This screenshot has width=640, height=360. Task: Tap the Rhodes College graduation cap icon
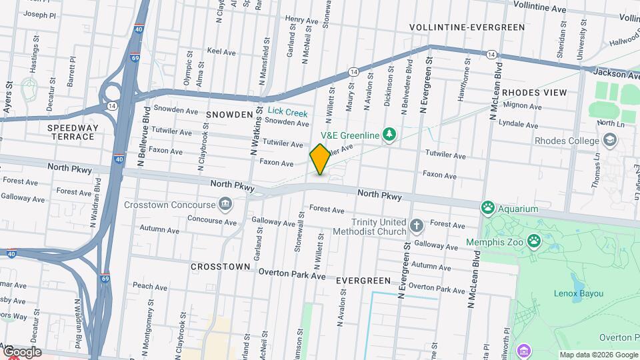[609, 140]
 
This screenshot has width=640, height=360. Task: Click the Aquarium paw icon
[488, 209]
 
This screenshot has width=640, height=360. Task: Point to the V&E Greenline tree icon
[389, 135]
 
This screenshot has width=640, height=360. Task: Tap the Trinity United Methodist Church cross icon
[417, 225]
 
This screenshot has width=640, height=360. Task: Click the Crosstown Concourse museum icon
[225, 204]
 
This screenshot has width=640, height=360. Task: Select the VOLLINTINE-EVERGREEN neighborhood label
[467, 27]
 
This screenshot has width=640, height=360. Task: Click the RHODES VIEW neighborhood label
[534, 93]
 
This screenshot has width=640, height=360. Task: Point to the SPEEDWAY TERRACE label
[72, 132]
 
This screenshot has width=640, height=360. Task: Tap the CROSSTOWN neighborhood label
[221, 266]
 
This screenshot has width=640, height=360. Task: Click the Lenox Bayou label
[578, 293]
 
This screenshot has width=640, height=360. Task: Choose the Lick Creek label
[287, 113]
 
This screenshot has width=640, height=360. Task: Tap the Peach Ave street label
[149, 285]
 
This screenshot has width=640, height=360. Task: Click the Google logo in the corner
[21, 352]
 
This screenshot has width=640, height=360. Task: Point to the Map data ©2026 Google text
[598, 355]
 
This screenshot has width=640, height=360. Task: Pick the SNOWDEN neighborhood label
[229, 115]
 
